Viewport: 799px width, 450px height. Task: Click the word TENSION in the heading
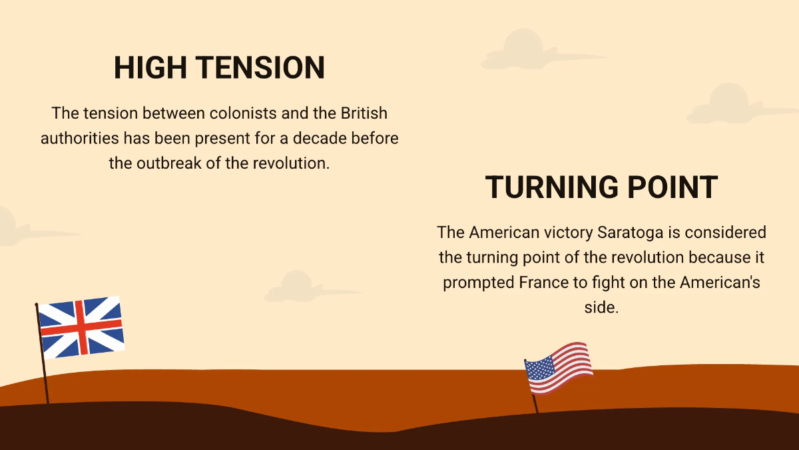260,69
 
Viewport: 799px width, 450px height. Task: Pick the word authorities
79,139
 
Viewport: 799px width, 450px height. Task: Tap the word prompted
479,282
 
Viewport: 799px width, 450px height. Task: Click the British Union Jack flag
81,327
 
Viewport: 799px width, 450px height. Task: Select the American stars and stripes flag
559,369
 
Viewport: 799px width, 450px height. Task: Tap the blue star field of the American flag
540,367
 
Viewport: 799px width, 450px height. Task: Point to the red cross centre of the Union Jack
81,327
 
